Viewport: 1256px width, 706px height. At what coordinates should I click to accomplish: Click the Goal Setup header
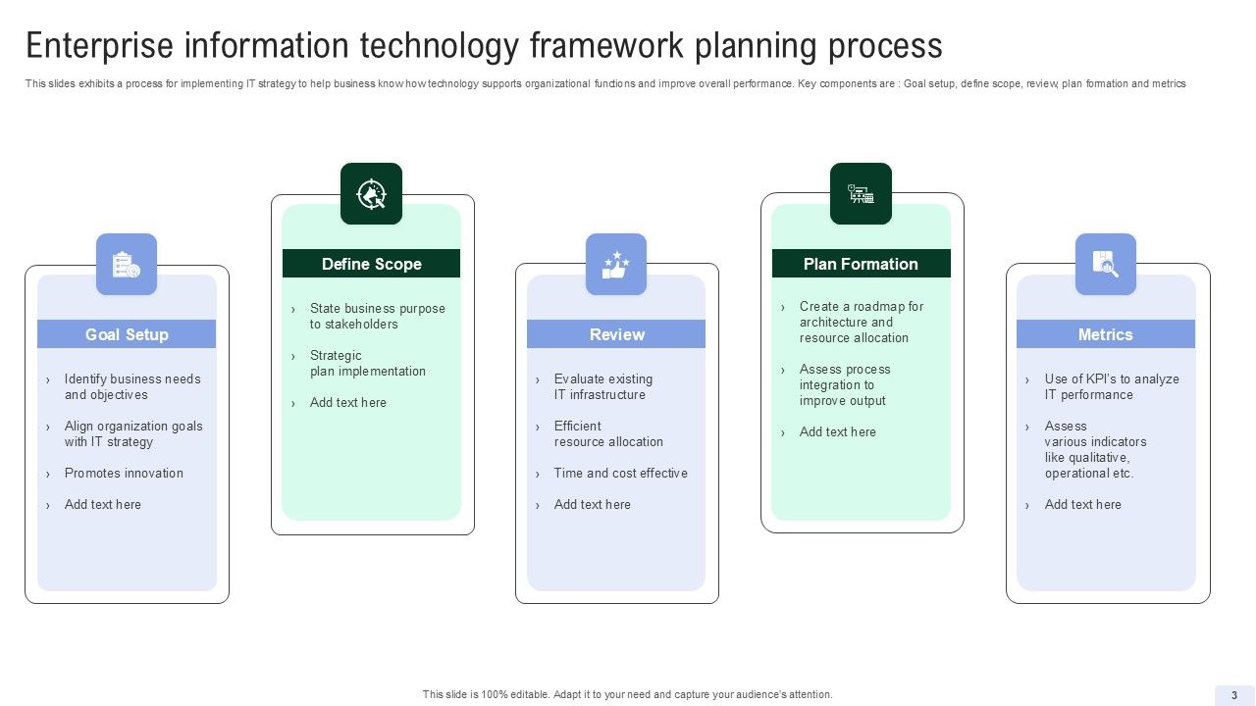(127, 334)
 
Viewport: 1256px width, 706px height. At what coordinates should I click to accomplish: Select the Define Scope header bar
(371, 264)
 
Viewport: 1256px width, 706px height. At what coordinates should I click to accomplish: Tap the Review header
(616, 334)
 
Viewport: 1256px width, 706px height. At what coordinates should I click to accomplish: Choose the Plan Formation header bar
(861, 264)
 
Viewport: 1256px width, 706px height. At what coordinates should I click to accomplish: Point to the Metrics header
(1105, 334)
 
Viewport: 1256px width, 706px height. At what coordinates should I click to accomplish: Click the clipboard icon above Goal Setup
(127, 264)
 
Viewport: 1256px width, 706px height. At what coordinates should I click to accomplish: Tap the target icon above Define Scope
(371, 193)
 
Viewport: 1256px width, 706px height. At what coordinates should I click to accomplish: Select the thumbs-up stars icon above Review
(616, 264)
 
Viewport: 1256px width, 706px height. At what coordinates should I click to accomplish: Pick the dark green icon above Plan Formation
(861, 193)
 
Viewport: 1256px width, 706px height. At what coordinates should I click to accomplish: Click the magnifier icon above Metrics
(1105, 264)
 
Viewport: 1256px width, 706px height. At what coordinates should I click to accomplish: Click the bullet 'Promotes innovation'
(124, 473)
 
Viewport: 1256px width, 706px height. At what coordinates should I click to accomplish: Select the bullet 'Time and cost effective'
(620, 473)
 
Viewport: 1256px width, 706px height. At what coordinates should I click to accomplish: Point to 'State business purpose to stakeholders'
(377, 316)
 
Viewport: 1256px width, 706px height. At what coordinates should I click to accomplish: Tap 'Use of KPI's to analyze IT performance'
(1111, 386)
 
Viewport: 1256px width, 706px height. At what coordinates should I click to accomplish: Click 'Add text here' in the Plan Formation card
(837, 431)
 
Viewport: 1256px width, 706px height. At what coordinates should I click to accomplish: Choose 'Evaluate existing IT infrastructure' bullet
(602, 386)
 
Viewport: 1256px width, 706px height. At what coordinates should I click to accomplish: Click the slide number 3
(1234, 694)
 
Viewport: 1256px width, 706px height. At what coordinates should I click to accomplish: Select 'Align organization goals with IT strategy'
(133, 433)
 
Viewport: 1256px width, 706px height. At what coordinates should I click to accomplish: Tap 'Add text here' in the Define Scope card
(347, 402)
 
